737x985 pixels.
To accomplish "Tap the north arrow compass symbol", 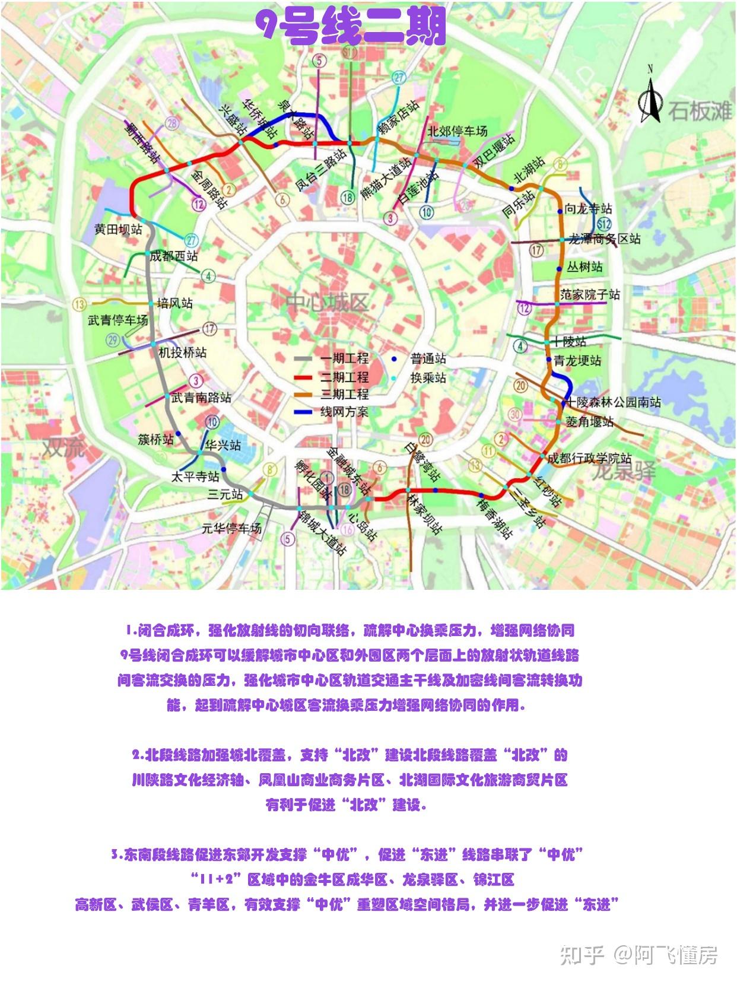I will click(x=650, y=98).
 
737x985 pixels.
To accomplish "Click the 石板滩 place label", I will click(x=700, y=111).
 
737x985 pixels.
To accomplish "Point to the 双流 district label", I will click(x=63, y=447).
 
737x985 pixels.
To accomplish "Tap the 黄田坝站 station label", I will click(x=119, y=229).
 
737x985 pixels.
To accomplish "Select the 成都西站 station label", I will click(x=174, y=256).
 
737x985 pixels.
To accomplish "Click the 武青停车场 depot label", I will click(x=118, y=320).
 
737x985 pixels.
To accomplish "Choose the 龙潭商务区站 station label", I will click(x=605, y=239).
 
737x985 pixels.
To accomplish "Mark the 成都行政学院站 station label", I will click(x=589, y=458).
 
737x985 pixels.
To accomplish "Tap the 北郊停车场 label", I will click(x=458, y=131).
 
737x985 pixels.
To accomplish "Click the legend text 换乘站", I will click(x=428, y=377).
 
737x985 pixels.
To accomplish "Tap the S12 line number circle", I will click(x=605, y=224).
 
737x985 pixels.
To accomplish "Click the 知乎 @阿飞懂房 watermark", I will click(x=638, y=955).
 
